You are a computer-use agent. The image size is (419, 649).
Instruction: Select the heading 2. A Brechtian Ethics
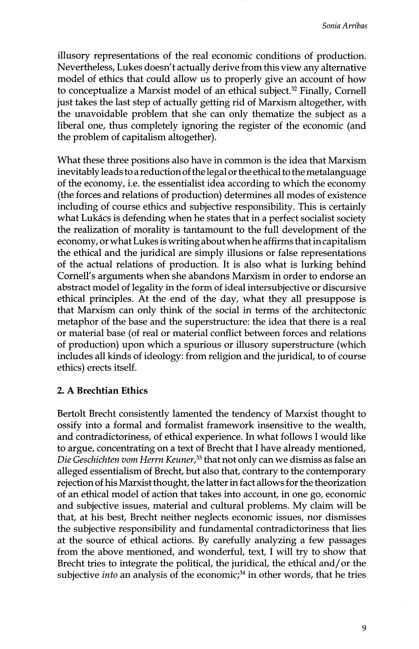point(102,391)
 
